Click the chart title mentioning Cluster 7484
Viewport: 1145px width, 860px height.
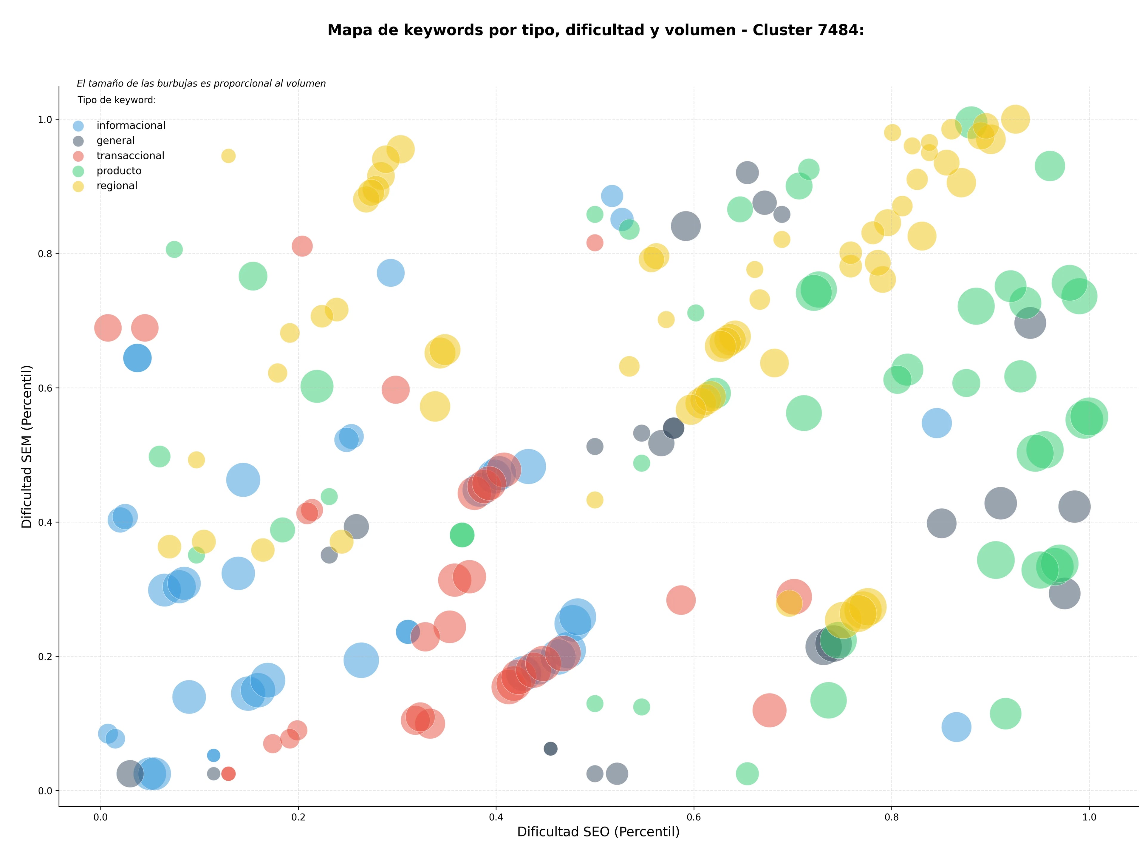(596, 30)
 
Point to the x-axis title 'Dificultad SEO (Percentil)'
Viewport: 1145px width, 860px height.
(598, 832)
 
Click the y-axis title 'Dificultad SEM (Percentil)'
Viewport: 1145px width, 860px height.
(27, 446)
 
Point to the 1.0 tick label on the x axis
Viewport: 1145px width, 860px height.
(1089, 817)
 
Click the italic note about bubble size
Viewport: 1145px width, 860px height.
(201, 83)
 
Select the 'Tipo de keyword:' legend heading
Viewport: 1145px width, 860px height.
(117, 100)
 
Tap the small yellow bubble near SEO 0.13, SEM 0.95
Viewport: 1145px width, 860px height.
(228, 156)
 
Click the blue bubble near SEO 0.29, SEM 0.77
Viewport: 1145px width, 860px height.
(391, 273)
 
